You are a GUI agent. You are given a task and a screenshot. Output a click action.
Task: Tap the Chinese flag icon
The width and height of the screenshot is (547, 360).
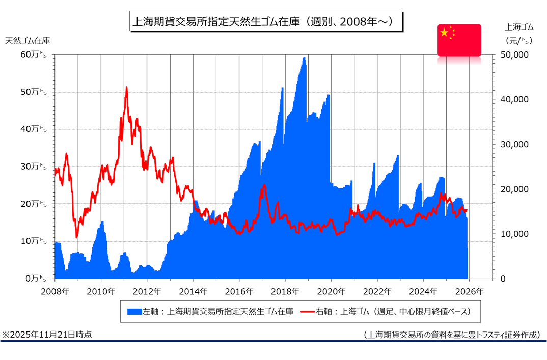[459, 40]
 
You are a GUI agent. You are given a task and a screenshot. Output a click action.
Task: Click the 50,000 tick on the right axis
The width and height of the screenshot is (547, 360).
[515, 55]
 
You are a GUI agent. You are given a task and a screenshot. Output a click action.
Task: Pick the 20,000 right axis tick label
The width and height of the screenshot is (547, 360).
[515, 189]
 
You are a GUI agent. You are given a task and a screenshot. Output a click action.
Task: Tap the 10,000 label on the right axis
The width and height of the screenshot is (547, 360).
[515, 234]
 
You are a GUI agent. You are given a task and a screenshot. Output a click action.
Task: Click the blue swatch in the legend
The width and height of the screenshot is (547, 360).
[134, 311]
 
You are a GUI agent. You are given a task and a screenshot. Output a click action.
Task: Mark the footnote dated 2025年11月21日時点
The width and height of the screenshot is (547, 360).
[47, 335]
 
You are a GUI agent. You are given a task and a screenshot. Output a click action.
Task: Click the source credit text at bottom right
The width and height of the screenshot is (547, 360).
[452, 335]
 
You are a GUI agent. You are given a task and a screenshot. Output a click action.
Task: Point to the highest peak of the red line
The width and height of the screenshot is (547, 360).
[126, 87]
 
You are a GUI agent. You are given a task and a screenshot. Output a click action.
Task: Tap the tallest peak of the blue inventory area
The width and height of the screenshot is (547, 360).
[304, 58]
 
